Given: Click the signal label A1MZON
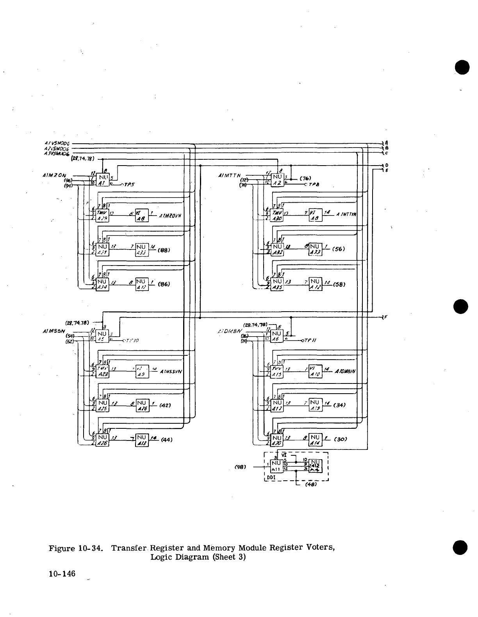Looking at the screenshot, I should point(55,176).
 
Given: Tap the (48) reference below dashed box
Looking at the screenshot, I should point(310,485).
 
